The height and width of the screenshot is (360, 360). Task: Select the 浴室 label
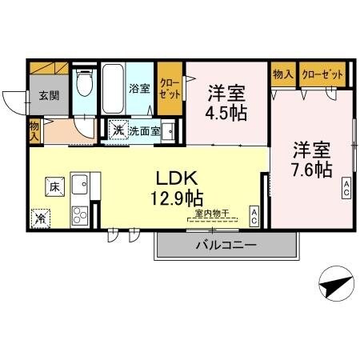click(140, 88)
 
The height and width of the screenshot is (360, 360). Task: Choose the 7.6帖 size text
click(311, 169)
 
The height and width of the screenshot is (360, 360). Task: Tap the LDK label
click(183, 176)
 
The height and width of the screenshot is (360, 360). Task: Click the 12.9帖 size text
click(183, 196)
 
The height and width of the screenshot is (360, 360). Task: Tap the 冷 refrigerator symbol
click(40, 217)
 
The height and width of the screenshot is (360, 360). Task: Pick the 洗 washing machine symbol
click(118, 130)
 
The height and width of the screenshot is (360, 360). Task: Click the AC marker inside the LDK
click(253, 214)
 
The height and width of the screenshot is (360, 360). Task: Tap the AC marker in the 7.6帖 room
click(347, 188)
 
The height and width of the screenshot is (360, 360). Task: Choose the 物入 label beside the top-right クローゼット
click(283, 74)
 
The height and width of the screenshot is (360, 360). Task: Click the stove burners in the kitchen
click(80, 214)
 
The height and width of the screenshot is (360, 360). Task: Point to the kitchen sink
click(80, 187)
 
